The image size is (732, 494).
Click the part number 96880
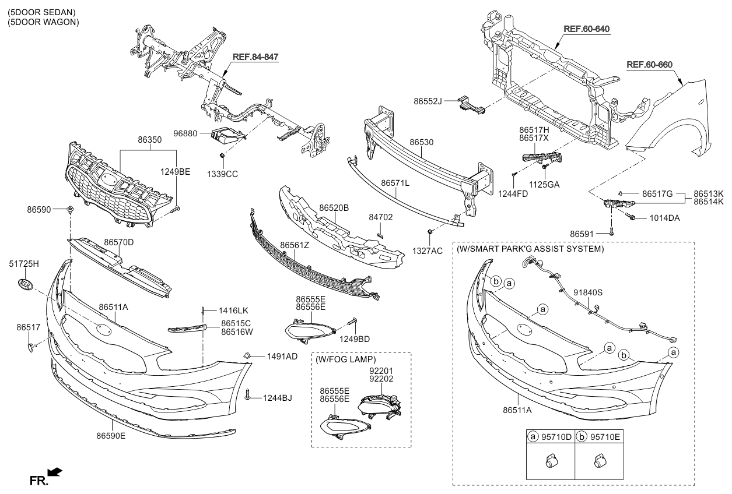pyautogui.click(x=186, y=133)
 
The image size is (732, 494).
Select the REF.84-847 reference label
pyautogui.click(x=255, y=57)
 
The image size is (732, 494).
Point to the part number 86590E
pyautogui.click(x=111, y=435)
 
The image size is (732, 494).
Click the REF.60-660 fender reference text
pyautogui.click(x=650, y=65)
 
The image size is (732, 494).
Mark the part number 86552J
pyautogui.click(x=430, y=101)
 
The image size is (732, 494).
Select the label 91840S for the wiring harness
pyautogui.click(x=588, y=292)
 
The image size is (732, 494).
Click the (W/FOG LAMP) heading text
pyautogui.click(x=345, y=359)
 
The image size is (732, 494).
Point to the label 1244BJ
pyautogui.click(x=277, y=398)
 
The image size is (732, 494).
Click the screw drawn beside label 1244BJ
pyautogui.click(x=248, y=395)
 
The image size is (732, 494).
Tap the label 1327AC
pyautogui.click(x=429, y=250)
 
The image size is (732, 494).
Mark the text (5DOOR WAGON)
pyautogui.click(x=43, y=22)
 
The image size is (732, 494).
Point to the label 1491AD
pyautogui.click(x=282, y=355)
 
